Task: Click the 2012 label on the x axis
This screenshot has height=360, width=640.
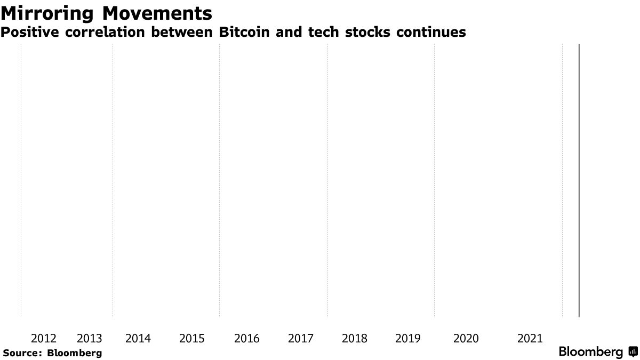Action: tap(44, 338)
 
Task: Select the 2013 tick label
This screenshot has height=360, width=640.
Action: tap(90, 338)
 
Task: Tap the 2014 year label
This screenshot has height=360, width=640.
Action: tap(138, 338)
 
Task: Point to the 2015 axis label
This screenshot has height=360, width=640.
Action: tap(192, 338)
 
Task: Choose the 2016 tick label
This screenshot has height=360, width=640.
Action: tap(247, 338)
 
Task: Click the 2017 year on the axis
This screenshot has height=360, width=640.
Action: tap(301, 338)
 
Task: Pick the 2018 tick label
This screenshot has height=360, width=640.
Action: tap(355, 338)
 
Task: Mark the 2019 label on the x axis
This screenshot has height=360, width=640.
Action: tap(408, 338)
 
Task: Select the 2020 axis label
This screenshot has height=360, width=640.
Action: tap(466, 338)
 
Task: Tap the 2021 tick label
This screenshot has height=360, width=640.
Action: tap(530, 338)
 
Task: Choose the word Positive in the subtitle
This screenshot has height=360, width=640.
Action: tap(30, 33)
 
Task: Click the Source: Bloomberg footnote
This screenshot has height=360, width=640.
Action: tap(52, 353)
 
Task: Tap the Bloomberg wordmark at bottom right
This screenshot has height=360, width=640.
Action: tap(590, 352)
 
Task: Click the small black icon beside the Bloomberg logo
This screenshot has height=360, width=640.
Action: tap(633, 352)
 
